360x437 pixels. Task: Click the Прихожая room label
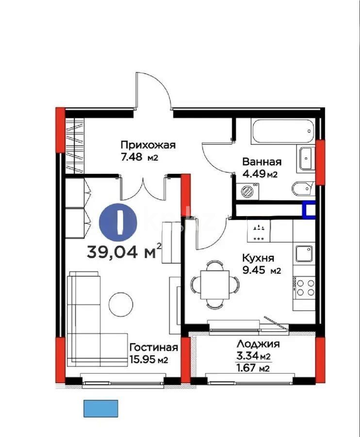tap(147, 145)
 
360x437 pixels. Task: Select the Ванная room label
tap(262, 162)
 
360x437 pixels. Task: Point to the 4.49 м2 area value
tap(260, 174)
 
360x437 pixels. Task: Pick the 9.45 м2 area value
tap(261, 270)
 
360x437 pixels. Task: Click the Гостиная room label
tap(153, 347)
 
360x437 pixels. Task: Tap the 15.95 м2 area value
tap(148, 360)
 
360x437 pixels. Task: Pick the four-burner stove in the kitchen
tap(304, 287)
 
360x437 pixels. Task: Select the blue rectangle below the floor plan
tap(101, 408)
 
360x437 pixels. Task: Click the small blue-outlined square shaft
tap(309, 209)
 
